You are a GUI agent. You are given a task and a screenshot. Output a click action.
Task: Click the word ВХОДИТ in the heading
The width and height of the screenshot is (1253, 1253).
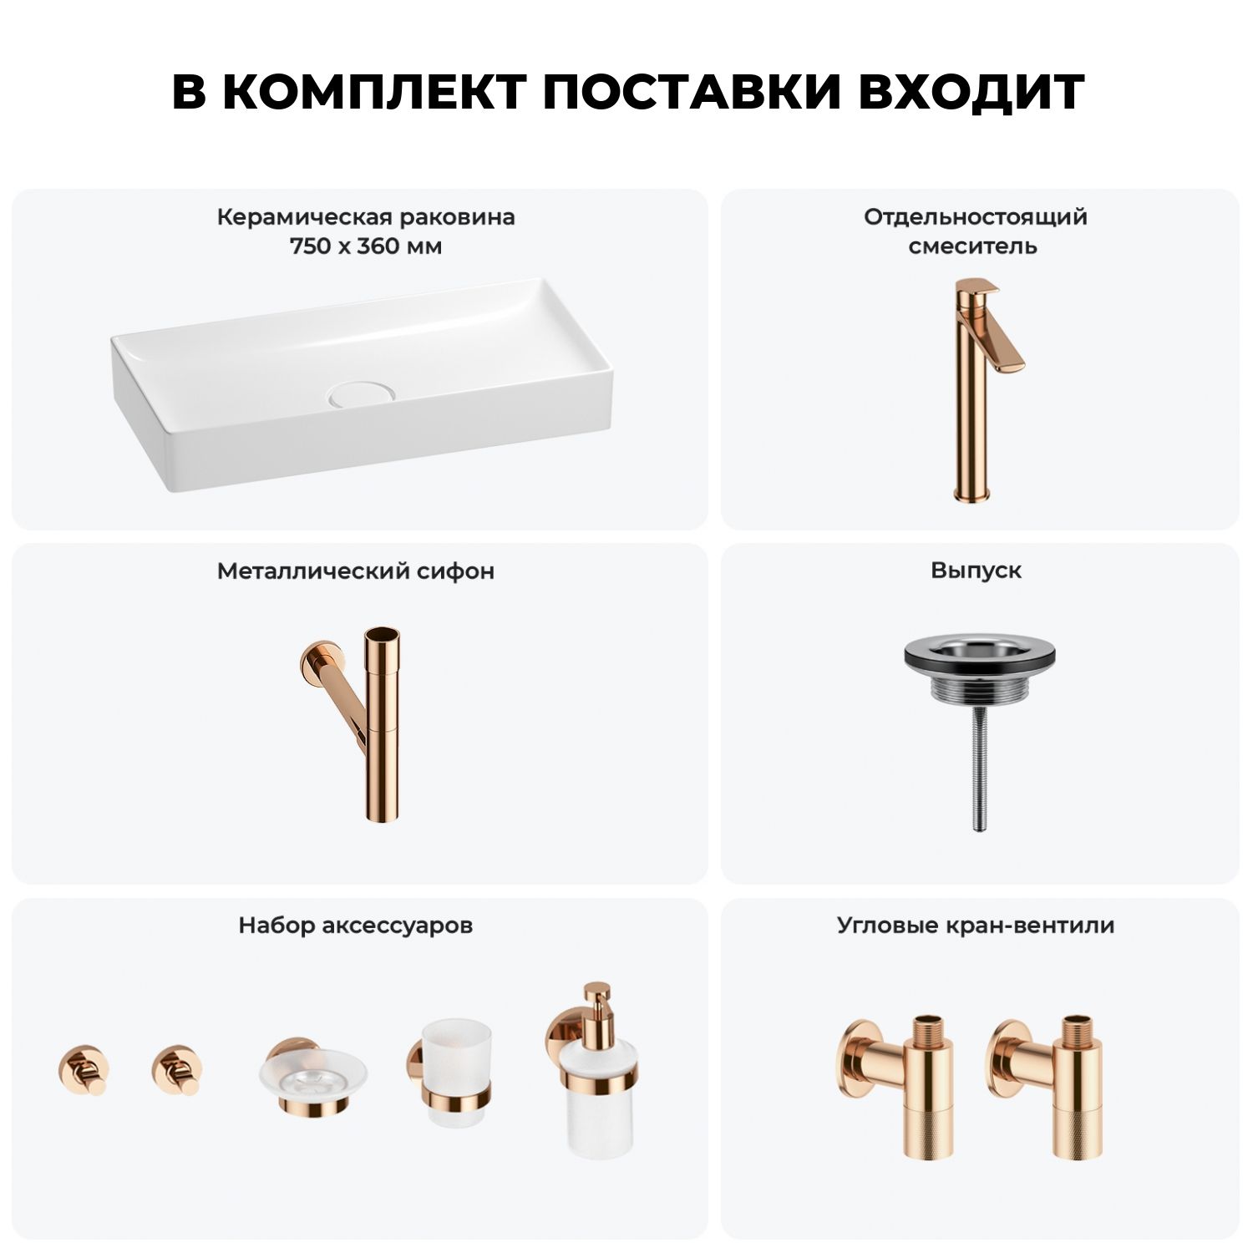(x=971, y=92)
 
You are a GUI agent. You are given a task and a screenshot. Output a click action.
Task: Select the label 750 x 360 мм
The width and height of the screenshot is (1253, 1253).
(x=366, y=246)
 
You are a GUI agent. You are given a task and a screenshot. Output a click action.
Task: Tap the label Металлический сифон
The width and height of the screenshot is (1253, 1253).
(x=356, y=571)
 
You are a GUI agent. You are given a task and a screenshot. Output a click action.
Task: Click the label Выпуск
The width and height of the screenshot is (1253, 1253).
(x=976, y=571)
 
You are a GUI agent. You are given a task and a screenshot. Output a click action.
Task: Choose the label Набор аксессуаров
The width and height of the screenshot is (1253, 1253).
(x=355, y=926)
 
